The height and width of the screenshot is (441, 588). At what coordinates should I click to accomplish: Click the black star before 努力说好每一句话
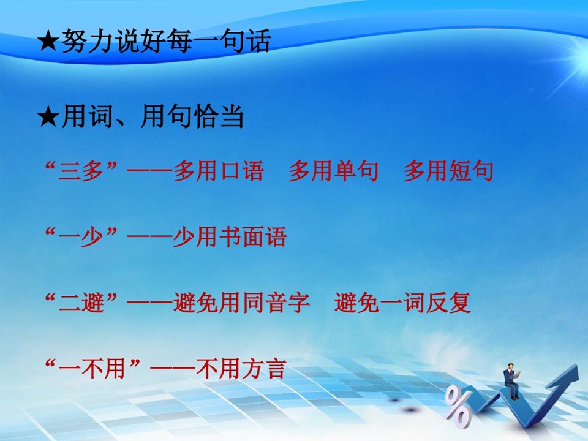(48, 42)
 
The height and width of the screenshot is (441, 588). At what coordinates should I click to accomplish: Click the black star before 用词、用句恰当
(48, 117)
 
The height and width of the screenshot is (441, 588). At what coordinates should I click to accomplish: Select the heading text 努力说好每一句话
(166, 40)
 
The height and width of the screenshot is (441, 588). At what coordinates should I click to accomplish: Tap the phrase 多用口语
(219, 171)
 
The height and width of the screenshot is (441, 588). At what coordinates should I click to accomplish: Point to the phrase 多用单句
(333, 171)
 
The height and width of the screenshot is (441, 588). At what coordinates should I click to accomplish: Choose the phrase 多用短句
(448, 171)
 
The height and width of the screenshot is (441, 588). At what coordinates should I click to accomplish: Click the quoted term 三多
(81, 171)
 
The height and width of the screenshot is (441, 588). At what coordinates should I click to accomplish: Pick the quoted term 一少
(81, 237)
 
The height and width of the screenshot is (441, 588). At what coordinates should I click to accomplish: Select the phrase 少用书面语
(230, 237)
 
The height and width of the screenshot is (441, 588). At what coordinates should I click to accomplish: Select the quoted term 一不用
(92, 369)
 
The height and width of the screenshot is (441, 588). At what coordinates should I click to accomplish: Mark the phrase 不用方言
(241, 369)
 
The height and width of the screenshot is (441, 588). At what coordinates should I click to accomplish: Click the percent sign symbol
(458, 408)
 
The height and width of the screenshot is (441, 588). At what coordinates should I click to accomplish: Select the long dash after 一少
(149, 237)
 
